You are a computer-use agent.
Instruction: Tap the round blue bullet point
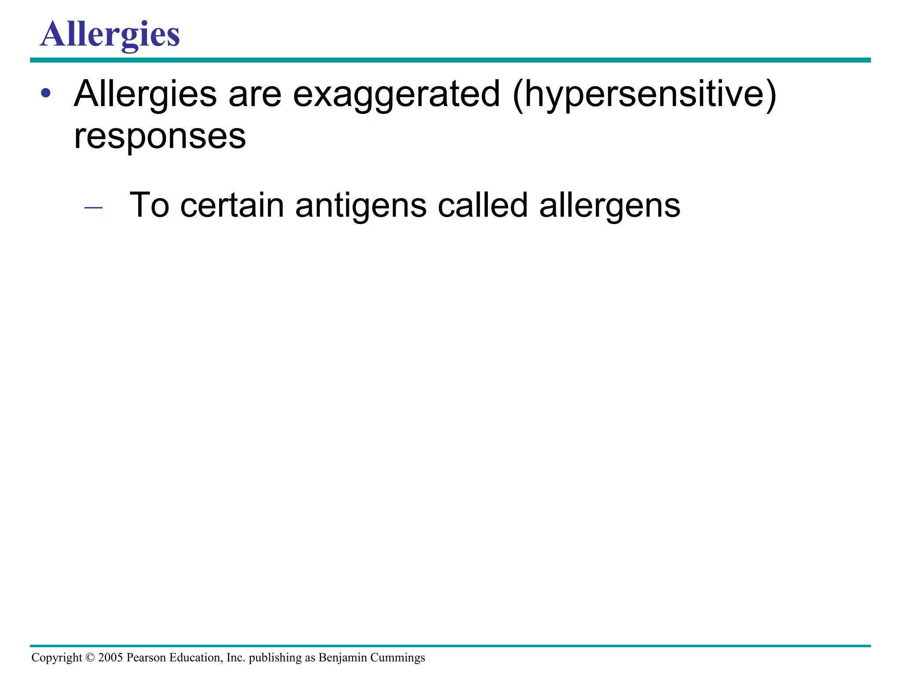[45, 93]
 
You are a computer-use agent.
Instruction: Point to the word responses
[160, 136]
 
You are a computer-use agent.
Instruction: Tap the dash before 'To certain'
[93, 207]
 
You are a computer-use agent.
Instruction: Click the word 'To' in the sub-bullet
[149, 205]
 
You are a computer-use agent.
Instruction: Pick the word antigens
[361, 206]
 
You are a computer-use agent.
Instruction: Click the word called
[483, 205]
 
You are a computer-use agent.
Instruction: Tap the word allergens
[610, 206]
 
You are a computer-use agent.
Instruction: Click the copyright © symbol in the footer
[90, 658]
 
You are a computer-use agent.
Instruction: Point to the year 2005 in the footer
[110, 658]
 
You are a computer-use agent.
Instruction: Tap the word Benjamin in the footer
[343, 658]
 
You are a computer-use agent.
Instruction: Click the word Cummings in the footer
[398, 658]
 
